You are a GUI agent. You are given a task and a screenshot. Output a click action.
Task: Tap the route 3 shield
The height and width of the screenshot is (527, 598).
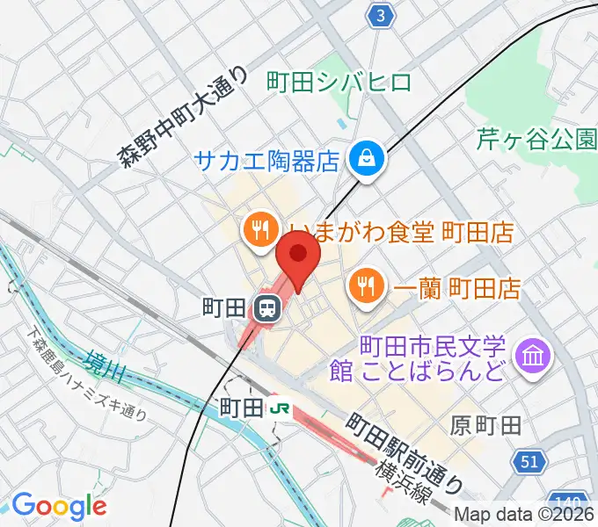tap(379, 16)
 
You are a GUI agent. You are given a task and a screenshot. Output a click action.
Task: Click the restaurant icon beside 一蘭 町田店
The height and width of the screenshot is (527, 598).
tap(363, 285)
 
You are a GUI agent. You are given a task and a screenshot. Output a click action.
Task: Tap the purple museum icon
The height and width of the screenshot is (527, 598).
tap(533, 356)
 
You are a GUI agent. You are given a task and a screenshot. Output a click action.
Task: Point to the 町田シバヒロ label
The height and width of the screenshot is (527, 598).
tap(339, 83)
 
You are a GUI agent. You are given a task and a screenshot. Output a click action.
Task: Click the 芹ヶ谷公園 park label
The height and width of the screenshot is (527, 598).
tap(536, 138)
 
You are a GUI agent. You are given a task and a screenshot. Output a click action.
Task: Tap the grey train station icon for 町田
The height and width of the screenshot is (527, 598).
tap(266, 308)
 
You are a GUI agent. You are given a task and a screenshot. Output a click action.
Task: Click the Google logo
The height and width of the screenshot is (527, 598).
tap(58, 506)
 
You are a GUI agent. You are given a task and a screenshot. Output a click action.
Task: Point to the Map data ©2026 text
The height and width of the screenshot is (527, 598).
tap(524, 516)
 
